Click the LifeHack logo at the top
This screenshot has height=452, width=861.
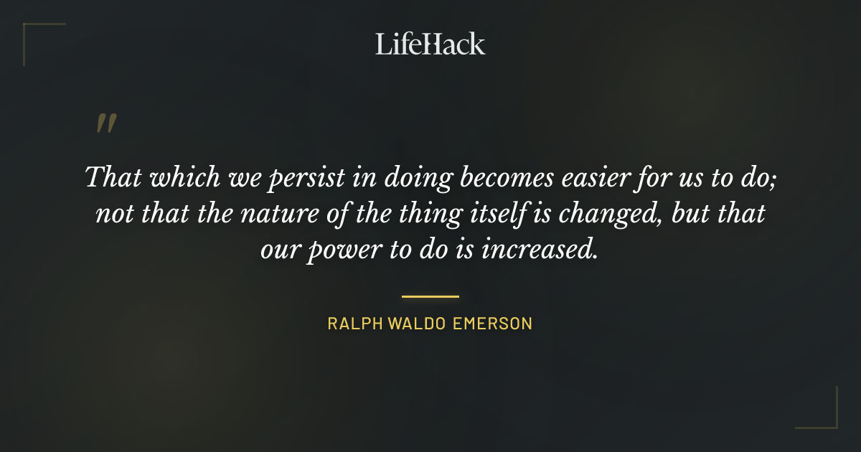pos(430,44)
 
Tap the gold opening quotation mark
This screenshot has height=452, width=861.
pos(106,124)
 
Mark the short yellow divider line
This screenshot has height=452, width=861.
pos(430,296)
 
